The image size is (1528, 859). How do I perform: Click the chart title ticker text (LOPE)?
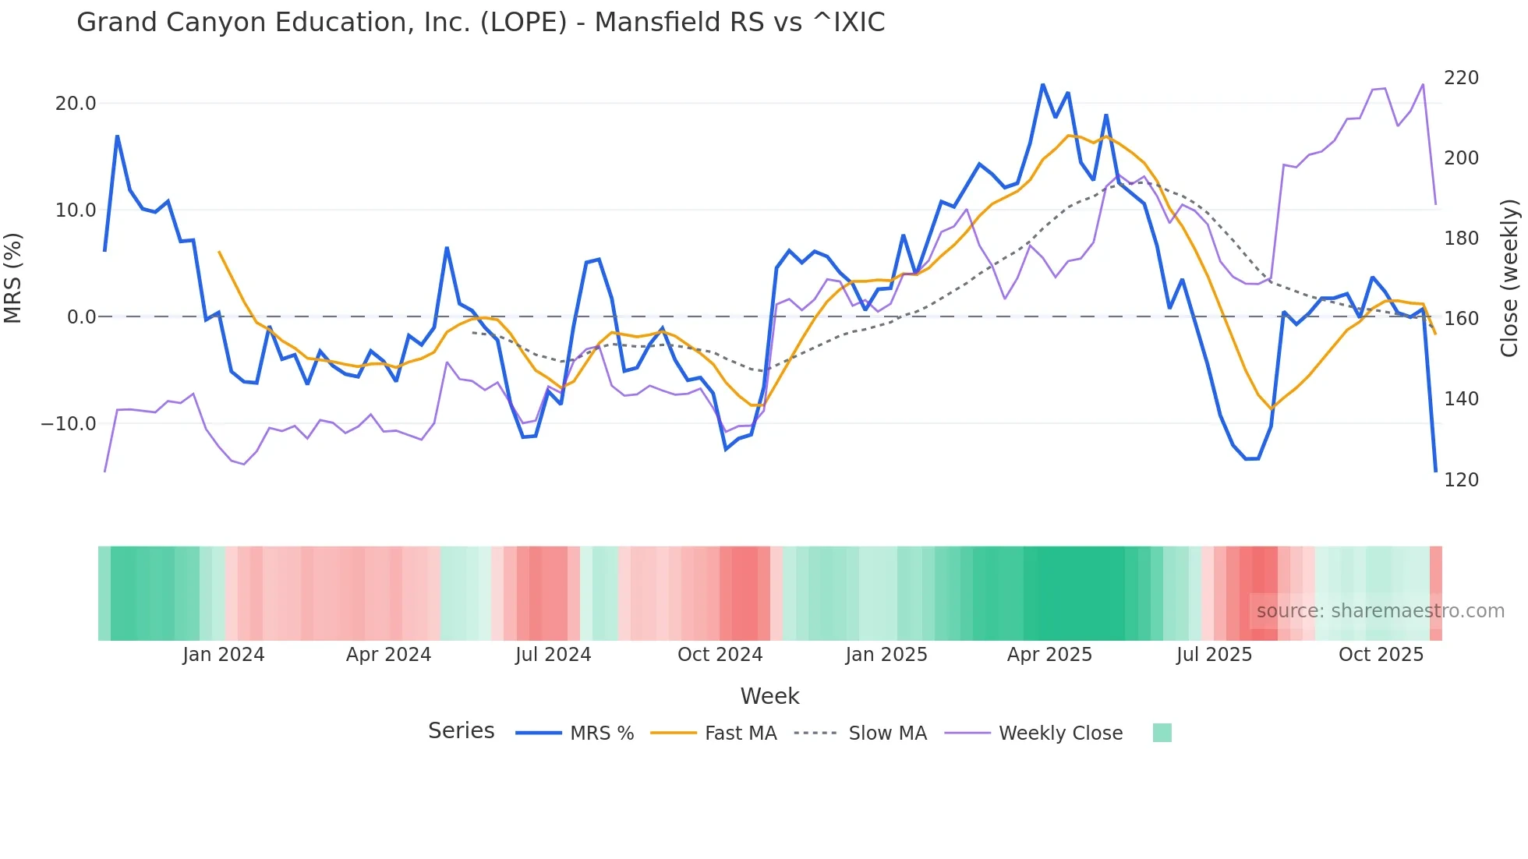pyautogui.click(x=523, y=23)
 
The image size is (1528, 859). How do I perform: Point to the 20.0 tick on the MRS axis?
pyautogui.click(x=76, y=104)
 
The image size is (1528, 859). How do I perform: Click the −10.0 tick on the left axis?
pyautogui.click(x=69, y=424)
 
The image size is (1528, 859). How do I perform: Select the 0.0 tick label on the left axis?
pyautogui.click(x=81, y=317)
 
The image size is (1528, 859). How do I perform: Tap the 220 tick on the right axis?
pyautogui.click(x=1461, y=78)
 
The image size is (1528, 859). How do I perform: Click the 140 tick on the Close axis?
pyautogui.click(x=1461, y=399)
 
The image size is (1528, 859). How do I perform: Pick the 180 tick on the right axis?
pyautogui.click(x=1461, y=239)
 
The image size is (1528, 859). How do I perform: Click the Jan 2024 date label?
pyautogui.click(x=224, y=655)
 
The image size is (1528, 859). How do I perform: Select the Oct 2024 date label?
pyautogui.click(x=720, y=655)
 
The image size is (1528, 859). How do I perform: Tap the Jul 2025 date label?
pyautogui.click(x=1214, y=655)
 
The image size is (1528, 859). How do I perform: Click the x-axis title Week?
pyautogui.click(x=769, y=696)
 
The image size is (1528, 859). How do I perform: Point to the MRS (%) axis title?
pyautogui.click(x=13, y=277)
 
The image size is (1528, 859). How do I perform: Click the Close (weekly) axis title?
pyautogui.click(x=1510, y=277)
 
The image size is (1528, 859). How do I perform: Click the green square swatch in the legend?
pyautogui.click(x=1162, y=733)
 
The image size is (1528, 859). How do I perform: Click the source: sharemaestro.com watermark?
pyautogui.click(x=1380, y=611)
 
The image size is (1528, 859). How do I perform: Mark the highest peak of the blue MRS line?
pyautogui.click(x=1042, y=84)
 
